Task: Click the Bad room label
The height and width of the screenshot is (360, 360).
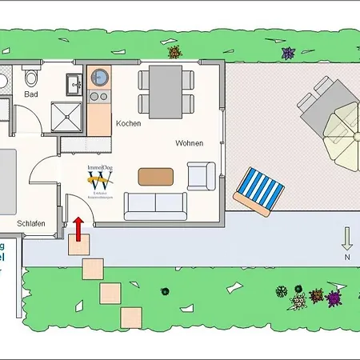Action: click(x=31, y=94)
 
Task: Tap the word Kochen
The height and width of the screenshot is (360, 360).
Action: click(x=128, y=123)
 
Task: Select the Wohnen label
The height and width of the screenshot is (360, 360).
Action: click(x=189, y=143)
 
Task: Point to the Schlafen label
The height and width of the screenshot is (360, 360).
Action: click(x=29, y=223)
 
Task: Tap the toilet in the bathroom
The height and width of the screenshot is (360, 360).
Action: click(x=32, y=78)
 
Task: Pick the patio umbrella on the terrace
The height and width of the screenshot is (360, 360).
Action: click(x=345, y=124)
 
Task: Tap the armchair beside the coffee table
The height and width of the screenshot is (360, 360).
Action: click(x=200, y=174)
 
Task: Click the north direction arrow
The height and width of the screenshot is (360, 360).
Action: click(x=347, y=238)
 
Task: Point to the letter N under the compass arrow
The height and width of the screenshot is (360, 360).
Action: click(x=347, y=258)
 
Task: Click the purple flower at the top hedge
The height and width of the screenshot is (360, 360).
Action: click(x=288, y=53)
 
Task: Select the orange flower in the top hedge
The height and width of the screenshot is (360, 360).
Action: click(x=174, y=53)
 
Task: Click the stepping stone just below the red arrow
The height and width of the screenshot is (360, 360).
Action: click(x=79, y=246)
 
